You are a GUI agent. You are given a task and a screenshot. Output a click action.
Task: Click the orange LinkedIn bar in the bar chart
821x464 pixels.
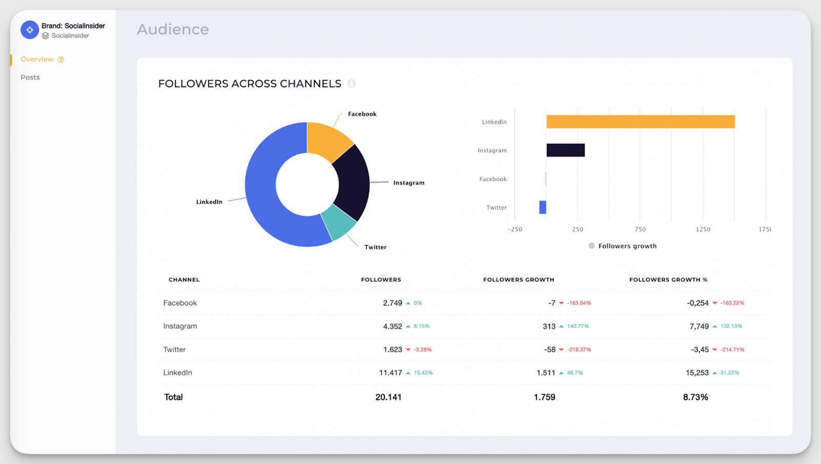pos(640,122)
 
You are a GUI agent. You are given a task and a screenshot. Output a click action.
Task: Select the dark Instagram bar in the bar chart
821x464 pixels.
pos(565,150)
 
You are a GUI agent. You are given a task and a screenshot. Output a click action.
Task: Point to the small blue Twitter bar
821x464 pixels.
pos(542,207)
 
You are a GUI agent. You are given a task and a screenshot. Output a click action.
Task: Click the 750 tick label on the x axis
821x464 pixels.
pos(640,229)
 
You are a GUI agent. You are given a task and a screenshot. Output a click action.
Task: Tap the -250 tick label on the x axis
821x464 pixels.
pos(515,229)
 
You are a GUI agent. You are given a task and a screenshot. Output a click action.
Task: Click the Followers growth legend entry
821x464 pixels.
pos(622,246)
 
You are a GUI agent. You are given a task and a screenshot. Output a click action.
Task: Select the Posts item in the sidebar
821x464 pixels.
pos(30,77)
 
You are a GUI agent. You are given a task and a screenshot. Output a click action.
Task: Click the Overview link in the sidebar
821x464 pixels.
pos(37,59)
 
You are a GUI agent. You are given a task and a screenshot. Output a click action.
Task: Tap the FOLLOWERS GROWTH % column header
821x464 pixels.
pos(668,279)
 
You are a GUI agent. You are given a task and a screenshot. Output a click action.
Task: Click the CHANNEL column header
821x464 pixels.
pos(184,279)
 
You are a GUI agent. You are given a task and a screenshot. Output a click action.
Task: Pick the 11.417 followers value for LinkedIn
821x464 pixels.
pos(390,373)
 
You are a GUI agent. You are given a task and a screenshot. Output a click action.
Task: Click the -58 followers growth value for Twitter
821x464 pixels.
pos(550,350)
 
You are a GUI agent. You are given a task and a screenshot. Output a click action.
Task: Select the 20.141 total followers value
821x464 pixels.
pos(388,397)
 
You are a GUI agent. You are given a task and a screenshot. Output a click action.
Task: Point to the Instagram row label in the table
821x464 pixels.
pos(180,326)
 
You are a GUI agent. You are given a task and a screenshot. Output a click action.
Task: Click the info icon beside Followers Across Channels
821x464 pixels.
pos(351,84)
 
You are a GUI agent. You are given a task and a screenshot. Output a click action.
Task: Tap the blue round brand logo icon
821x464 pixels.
pos(30,30)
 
